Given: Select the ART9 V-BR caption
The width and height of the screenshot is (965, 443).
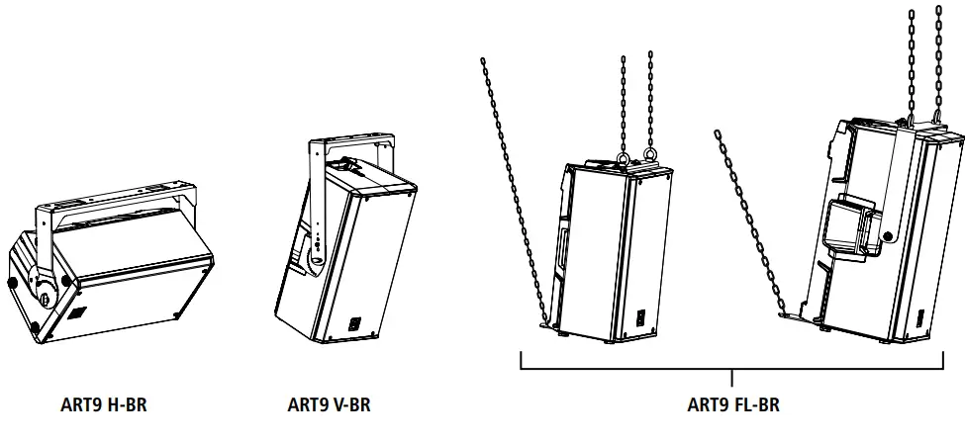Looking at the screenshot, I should pos(329,404).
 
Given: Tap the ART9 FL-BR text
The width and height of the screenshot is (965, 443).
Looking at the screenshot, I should pos(732,404).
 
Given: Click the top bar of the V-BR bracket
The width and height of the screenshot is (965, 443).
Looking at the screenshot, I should pos(352,147).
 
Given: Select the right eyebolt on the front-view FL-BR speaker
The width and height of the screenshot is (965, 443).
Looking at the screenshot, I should pos(650,155).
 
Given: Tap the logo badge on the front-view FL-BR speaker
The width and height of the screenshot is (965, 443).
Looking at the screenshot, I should pos(638,318).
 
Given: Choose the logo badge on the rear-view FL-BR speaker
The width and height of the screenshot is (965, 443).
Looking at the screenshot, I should pos(918,319).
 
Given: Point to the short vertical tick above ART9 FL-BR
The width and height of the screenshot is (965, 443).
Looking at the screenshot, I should pos(732,377).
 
